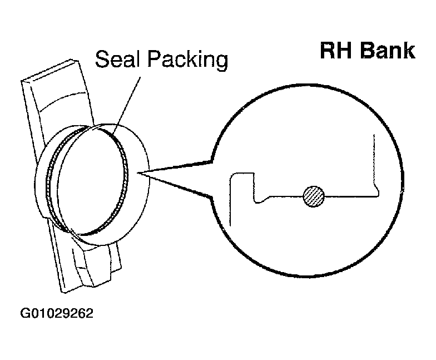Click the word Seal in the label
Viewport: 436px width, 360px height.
(x=117, y=59)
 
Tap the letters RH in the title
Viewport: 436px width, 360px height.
(x=337, y=51)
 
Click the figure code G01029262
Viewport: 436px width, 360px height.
(x=57, y=313)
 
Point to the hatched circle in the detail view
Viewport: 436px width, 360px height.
(x=314, y=196)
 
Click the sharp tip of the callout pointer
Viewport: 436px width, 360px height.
(x=137, y=173)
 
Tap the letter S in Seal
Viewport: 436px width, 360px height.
(x=102, y=59)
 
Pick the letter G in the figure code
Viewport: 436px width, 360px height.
(x=25, y=313)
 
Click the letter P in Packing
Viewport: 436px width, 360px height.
(x=153, y=59)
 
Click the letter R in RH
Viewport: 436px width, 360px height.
(x=328, y=51)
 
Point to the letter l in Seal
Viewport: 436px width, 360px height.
(x=137, y=59)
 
